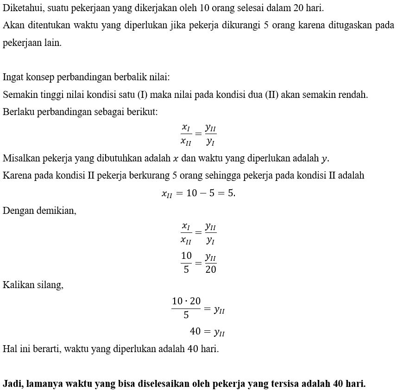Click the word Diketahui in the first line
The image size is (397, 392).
(22, 8)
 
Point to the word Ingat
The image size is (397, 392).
(13, 77)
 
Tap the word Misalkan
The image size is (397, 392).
(21, 158)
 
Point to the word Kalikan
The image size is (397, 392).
(18, 285)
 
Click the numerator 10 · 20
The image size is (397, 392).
(186, 302)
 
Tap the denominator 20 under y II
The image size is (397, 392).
(210, 270)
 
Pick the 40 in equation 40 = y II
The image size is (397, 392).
(195, 331)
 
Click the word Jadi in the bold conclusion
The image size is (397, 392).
(13, 384)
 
